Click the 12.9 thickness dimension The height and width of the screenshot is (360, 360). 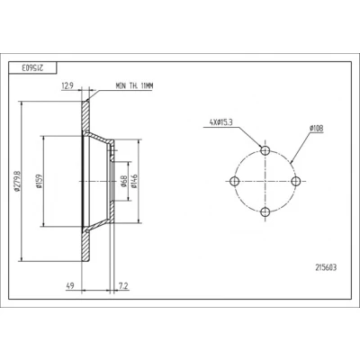[67, 86]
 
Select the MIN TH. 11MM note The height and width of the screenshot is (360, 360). [134, 86]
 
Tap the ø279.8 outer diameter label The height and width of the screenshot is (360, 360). [17, 181]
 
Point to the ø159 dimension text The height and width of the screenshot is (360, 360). [39, 181]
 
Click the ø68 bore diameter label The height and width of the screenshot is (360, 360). [124, 181]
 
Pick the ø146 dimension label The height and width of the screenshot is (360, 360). [134, 181]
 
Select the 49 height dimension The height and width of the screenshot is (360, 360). [70, 286]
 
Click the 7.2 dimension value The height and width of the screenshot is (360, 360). [123, 286]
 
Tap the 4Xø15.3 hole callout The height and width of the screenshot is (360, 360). [221, 122]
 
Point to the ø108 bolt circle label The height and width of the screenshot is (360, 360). [317, 129]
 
